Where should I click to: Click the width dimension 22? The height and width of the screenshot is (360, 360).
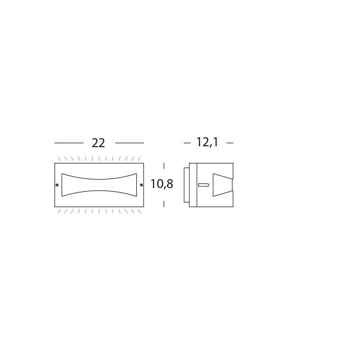[98, 143]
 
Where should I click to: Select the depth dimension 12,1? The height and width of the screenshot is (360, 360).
[207, 142]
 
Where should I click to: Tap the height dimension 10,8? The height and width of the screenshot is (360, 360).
[162, 184]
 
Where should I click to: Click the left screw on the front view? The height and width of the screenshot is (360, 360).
[57, 185]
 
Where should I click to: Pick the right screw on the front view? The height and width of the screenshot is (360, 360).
[141, 185]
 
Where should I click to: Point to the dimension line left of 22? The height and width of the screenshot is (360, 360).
[69, 143]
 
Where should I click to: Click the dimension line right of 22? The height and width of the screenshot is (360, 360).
[130, 143]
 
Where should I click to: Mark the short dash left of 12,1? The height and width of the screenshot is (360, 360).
[187, 143]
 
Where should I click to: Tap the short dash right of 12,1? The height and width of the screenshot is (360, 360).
[230, 143]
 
